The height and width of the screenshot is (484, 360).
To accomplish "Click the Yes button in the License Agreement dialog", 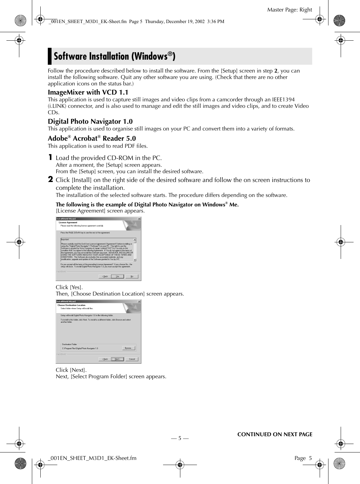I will (117, 276).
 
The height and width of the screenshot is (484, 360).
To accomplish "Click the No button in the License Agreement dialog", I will (132, 276).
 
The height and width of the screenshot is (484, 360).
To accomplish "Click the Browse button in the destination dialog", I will (128, 348).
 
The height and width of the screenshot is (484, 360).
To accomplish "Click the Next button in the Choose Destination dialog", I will (117, 359).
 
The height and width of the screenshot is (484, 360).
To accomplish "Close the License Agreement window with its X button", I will (139, 219).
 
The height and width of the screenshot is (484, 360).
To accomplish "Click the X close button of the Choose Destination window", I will (139, 301).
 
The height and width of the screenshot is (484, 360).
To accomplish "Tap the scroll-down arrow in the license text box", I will (135, 260).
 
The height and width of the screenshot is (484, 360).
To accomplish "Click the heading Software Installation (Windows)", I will (115, 56).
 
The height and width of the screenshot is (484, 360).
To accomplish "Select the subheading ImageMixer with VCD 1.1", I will (88, 92).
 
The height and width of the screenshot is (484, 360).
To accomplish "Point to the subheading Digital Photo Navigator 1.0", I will (90, 121).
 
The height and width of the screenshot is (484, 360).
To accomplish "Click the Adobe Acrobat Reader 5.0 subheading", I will (92, 138).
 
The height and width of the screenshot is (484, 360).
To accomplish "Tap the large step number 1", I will (50, 157).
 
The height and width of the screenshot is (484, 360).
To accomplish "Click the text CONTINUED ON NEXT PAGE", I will (275, 434).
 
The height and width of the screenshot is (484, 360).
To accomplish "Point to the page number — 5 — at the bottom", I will (180, 438).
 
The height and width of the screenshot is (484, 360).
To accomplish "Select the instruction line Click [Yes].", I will (69, 287).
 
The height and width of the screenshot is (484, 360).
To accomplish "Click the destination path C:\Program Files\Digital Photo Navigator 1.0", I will (80, 348).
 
